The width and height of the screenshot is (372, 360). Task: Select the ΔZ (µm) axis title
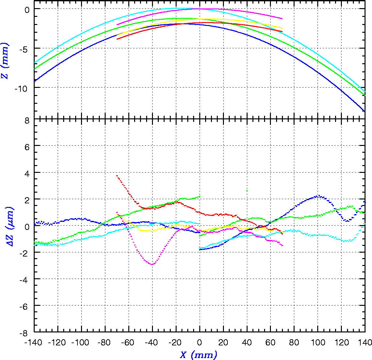point(11,226)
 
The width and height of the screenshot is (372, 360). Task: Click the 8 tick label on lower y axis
point(27,120)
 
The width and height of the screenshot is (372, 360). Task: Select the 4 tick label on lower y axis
point(27,173)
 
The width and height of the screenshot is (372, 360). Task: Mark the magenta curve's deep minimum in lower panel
point(152,264)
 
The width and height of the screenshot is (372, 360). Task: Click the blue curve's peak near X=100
point(319,196)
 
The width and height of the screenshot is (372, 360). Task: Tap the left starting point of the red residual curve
point(117,175)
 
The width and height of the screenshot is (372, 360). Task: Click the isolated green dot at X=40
point(247,190)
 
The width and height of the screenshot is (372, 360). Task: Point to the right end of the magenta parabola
point(282,19)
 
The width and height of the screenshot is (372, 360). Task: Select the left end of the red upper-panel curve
point(117,39)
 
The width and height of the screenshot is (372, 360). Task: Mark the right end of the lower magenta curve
point(282,246)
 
